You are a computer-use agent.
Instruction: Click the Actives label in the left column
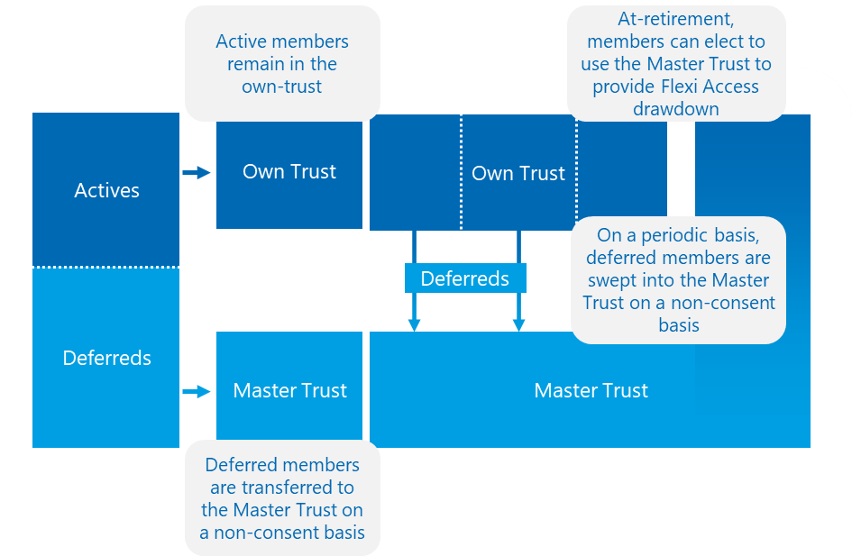point(106,190)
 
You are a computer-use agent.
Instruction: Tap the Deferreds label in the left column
point(106,358)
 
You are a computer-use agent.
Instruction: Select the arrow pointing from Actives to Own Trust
point(196,172)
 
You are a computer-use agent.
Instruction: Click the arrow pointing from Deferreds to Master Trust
point(196,391)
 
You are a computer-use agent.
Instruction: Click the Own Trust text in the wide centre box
point(518,173)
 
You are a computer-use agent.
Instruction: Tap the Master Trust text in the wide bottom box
point(591,390)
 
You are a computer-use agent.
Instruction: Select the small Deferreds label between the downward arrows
point(464,278)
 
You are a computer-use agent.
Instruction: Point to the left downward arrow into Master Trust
point(414,306)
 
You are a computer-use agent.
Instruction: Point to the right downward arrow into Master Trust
point(519,306)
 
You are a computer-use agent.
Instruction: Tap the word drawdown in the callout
point(675,109)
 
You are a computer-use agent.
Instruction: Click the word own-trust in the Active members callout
point(281,87)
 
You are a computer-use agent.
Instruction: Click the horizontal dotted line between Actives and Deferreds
point(106,267)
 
